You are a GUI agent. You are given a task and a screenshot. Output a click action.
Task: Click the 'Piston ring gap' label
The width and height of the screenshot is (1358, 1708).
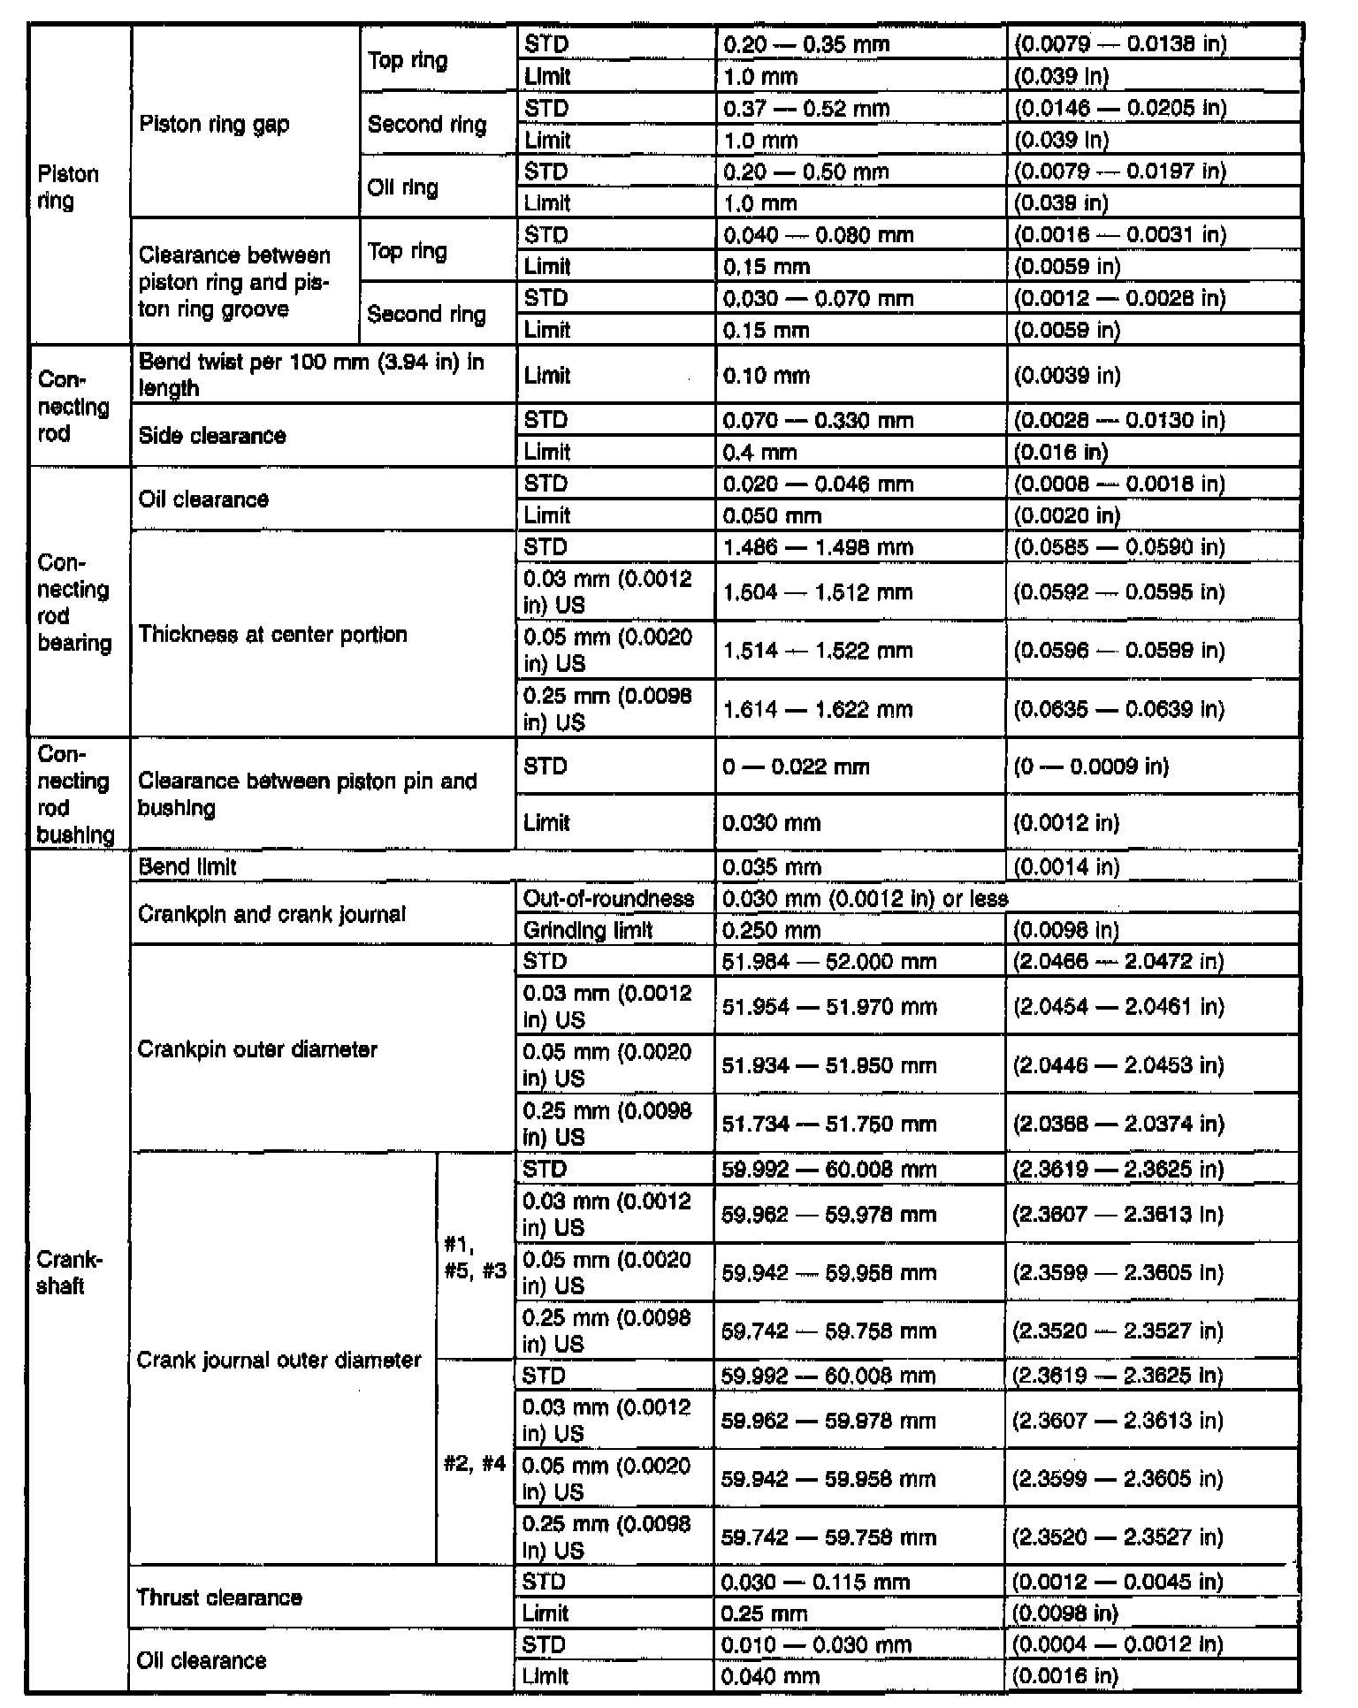coord(214,124)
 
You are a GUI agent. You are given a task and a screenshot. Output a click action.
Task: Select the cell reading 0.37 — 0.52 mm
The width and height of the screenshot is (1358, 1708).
coord(805,109)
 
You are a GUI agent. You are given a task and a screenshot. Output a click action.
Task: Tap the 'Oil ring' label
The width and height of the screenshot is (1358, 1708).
coord(402,187)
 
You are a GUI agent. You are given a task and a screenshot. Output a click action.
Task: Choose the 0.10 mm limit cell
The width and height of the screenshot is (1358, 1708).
coord(766,376)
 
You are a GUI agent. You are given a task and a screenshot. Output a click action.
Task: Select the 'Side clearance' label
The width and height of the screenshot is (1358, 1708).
coord(212,436)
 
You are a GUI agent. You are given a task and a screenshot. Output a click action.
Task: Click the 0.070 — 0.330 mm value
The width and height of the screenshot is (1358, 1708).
coord(817,420)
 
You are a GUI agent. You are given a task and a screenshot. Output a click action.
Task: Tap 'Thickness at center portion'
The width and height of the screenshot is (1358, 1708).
coord(272,635)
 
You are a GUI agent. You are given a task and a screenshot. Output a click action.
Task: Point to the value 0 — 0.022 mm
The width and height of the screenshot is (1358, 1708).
coord(796,766)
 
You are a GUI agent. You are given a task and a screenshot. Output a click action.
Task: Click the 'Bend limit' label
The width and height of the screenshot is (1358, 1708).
coord(187,867)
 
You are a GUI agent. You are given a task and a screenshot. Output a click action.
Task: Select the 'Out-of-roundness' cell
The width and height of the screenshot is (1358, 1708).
coord(608,899)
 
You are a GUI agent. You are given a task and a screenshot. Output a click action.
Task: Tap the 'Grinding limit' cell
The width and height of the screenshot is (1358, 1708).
coord(588,930)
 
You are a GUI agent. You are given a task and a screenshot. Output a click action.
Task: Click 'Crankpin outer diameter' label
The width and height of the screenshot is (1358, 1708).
coord(257,1049)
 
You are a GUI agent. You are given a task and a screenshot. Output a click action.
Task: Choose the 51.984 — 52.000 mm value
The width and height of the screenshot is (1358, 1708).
coord(828,962)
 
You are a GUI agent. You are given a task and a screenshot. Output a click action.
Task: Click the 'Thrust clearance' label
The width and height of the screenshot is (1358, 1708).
coord(219,1597)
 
